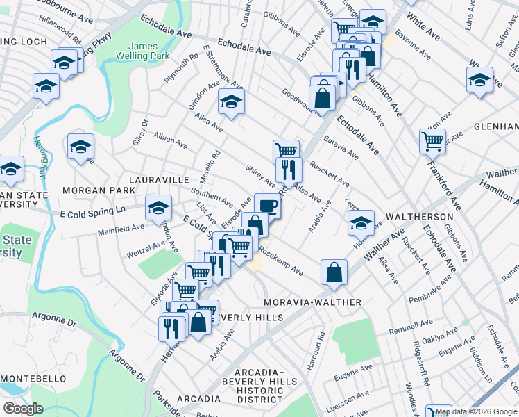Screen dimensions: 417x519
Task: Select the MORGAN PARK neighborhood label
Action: click(x=99, y=190)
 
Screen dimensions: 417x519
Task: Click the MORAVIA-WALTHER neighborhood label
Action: click(x=313, y=302)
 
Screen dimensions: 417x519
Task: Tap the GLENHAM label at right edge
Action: click(x=495, y=126)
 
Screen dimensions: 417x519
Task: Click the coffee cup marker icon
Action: click(x=267, y=204)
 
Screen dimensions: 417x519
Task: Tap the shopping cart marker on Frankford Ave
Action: click(x=432, y=141)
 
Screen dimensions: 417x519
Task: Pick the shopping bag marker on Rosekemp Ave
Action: click(x=334, y=271)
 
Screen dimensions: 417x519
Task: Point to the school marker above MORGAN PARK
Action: click(x=81, y=146)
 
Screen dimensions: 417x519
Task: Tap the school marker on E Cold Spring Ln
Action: click(x=158, y=207)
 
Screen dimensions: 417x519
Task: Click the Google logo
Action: click(x=23, y=409)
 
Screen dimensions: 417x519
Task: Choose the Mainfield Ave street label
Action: click(x=121, y=229)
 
